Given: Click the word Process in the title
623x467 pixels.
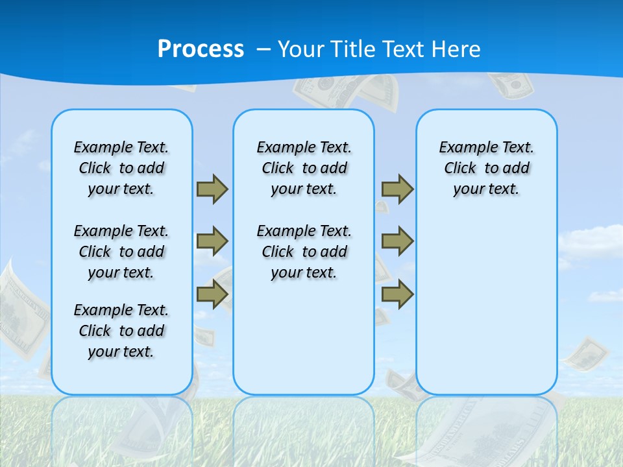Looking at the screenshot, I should (201, 49).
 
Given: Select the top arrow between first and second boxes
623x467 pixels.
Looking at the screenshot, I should (212, 189).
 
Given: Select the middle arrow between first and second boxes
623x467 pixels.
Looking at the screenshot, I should (212, 241).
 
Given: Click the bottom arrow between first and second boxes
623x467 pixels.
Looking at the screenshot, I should (212, 294).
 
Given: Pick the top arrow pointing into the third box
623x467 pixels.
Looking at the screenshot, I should (397, 189).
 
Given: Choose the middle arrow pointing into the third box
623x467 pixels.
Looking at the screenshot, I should (397, 241).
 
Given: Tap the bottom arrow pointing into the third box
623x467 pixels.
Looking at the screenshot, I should (397, 294).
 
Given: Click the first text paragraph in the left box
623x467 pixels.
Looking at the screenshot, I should (121, 168).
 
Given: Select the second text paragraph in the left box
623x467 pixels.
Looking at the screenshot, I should (121, 252).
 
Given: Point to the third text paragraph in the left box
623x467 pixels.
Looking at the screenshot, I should (121, 331).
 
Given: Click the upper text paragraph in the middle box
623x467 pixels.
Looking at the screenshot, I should (304, 168).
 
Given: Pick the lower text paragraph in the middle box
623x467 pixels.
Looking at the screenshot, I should (304, 252).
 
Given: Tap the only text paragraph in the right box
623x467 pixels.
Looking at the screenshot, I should (486, 168).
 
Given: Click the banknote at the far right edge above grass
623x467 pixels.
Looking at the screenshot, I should (586, 352).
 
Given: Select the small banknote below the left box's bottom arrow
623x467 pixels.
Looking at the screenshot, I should (204, 336).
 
